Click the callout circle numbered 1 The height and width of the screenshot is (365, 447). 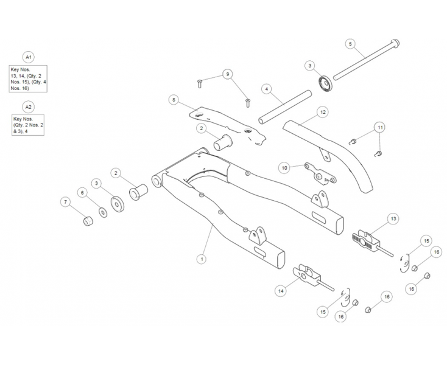click(x=201, y=259)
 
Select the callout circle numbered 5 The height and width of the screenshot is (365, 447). click(x=350, y=44)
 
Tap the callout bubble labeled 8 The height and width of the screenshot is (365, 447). click(x=174, y=99)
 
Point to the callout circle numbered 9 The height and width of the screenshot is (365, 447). click(x=228, y=74)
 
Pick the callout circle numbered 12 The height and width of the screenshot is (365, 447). click(x=323, y=112)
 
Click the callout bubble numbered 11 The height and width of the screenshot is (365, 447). click(x=379, y=127)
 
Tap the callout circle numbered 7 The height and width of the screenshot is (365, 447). click(x=65, y=201)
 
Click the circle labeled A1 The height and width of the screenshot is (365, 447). click(x=28, y=57)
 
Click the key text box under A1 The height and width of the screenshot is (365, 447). click(x=28, y=78)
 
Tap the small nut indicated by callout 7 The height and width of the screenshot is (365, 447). click(x=86, y=220)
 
